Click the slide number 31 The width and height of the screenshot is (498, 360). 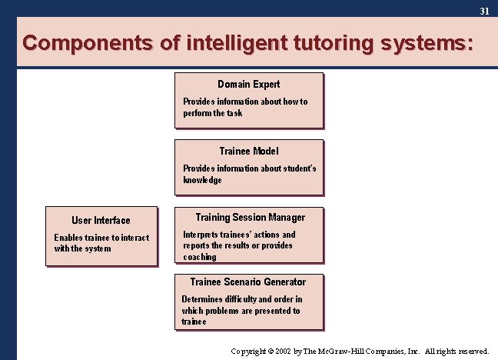point(484,12)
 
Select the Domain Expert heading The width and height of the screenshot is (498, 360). point(248,84)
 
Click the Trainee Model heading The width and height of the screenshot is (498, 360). point(248,151)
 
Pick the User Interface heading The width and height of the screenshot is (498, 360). point(101,220)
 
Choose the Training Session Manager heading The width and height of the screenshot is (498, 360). point(250,218)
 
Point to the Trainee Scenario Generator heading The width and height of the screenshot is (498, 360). point(247,282)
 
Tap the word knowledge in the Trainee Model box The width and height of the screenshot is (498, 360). point(202,180)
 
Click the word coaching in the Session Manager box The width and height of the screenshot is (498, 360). point(200,257)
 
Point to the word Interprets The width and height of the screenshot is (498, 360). point(203,235)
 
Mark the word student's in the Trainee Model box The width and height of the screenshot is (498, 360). point(299,168)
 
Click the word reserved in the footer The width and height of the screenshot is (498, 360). point(471,351)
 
